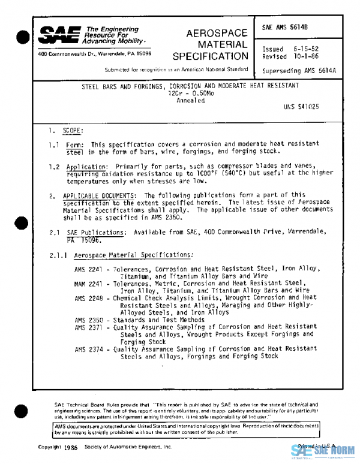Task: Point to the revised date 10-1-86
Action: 305,57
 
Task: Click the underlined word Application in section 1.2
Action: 86,166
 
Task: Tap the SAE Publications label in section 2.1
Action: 88,232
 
